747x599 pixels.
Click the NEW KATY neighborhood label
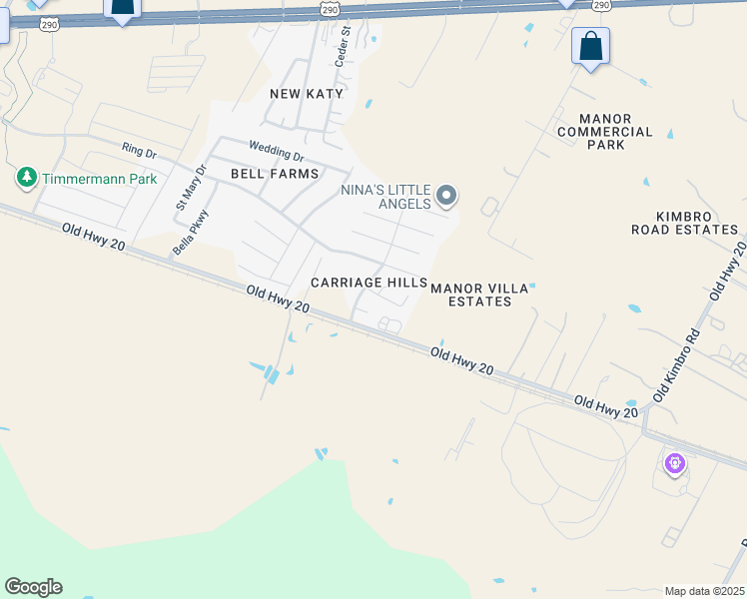[307, 94]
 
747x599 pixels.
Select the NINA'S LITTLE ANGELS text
[384, 197]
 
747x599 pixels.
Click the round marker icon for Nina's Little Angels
[446, 196]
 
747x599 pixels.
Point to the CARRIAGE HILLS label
[369, 284]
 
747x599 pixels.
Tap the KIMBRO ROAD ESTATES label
[684, 223]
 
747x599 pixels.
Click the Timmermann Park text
[100, 179]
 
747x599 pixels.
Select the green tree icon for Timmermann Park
[26, 179]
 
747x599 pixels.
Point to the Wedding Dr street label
[276, 151]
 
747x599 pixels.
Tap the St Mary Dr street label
[190, 187]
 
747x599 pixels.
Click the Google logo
[33, 587]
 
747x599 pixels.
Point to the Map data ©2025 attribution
[704, 591]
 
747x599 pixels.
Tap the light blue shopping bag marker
[590, 47]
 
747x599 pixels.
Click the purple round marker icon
[674, 463]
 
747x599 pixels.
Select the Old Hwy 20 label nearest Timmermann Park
[94, 239]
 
